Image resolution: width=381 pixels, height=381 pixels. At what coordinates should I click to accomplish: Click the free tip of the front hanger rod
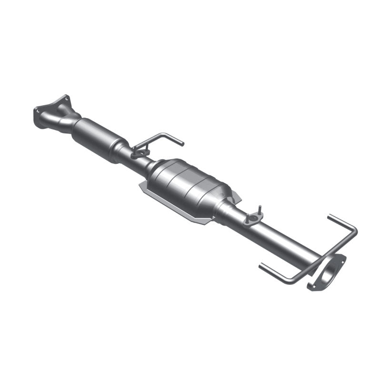[181, 143]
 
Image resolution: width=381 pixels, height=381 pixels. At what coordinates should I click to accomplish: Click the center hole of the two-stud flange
[253, 219]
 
